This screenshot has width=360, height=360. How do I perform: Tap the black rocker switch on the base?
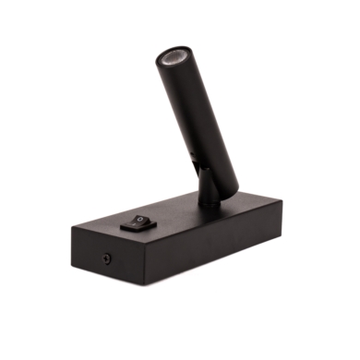136,221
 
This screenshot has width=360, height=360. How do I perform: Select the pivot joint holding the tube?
210,184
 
